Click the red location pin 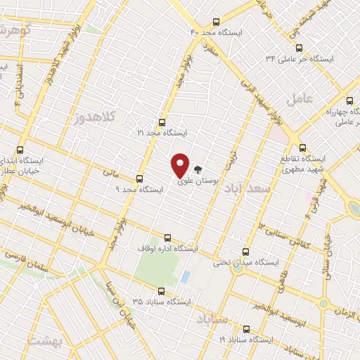[x=181, y=165]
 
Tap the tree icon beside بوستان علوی [x=198, y=169]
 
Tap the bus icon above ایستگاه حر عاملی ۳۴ [x=300, y=48]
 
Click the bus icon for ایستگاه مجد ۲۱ [x=162, y=122]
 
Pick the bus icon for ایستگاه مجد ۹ [x=139, y=179]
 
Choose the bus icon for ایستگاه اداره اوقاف [x=167, y=238]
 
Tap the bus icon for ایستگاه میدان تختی [x=245, y=251]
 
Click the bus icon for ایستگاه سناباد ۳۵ [x=161, y=290]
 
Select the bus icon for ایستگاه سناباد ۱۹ [x=245, y=328]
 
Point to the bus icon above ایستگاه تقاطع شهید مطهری [x=303, y=148]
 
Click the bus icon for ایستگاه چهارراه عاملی [x=350, y=101]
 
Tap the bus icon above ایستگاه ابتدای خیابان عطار [x=19, y=150]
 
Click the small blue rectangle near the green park [x=185, y=277]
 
